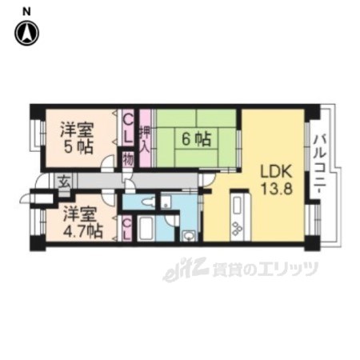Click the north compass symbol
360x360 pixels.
[x=26, y=33]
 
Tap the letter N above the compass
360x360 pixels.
[x=26, y=11]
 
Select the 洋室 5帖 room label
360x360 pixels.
[x=78, y=138]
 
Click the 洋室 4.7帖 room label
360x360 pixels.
[x=82, y=223]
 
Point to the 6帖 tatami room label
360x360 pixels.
[x=196, y=139]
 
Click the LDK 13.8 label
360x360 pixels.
[x=277, y=181]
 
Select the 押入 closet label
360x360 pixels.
[x=145, y=139]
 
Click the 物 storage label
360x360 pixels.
[x=128, y=160]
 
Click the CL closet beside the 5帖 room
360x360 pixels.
[x=128, y=128]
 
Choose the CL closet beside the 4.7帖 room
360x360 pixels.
[x=127, y=228]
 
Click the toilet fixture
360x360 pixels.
[x=149, y=202]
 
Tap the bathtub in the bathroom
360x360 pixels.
[x=146, y=229]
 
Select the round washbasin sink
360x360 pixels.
[x=189, y=236]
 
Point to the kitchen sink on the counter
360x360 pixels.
[x=237, y=206]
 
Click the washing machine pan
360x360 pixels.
[x=166, y=202]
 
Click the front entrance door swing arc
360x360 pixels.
[x=38, y=179]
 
